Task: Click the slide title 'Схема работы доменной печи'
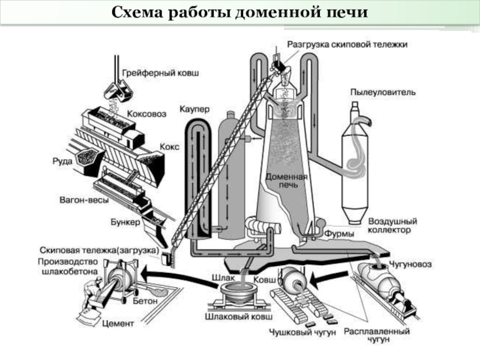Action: (x=239, y=13)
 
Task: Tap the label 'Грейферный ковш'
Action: (x=160, y=73)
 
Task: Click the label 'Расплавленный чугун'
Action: (x=377, y=335)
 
